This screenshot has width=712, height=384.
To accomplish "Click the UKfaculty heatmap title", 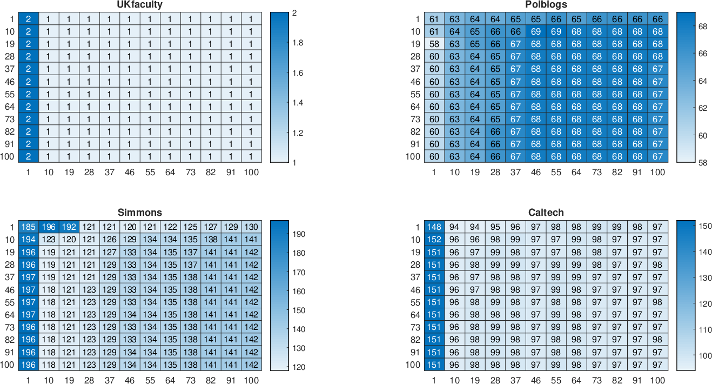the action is [x=139, y=4].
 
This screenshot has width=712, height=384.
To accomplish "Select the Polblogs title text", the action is [x=546, y=4].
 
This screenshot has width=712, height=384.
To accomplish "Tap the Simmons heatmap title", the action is [x=139, y=212].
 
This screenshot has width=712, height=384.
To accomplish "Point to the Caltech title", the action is [x=546, y=212].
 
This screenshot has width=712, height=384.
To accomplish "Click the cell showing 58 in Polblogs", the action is [x=434, y=44].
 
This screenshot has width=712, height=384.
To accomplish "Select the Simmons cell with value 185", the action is [x=28, y=227].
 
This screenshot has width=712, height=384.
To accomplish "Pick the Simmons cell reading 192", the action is [x=69, y=227].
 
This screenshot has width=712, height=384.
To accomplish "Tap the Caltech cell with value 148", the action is [x=434, y=227].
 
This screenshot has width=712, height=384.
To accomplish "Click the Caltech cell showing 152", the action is [x=434, y=239].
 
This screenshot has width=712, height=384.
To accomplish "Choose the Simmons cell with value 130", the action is [x=251, y=227].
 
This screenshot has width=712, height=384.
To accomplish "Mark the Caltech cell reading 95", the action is [x=495, y=227].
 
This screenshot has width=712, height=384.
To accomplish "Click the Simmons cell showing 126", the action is [x=109, y=239].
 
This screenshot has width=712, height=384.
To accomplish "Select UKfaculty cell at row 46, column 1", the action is [x=28, y=82].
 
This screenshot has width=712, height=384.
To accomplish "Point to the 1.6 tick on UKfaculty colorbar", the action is [x=298, y=73].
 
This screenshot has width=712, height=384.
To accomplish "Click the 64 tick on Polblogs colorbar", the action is [x=702, y=81].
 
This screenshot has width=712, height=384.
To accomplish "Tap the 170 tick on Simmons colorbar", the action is [x=299, y=273].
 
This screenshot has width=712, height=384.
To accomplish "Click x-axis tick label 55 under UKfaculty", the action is [x=150, y=172].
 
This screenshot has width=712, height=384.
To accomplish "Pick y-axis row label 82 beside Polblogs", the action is [x=415, y=131].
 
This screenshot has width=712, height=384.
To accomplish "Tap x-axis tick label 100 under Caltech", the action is [x=657, y=380].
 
